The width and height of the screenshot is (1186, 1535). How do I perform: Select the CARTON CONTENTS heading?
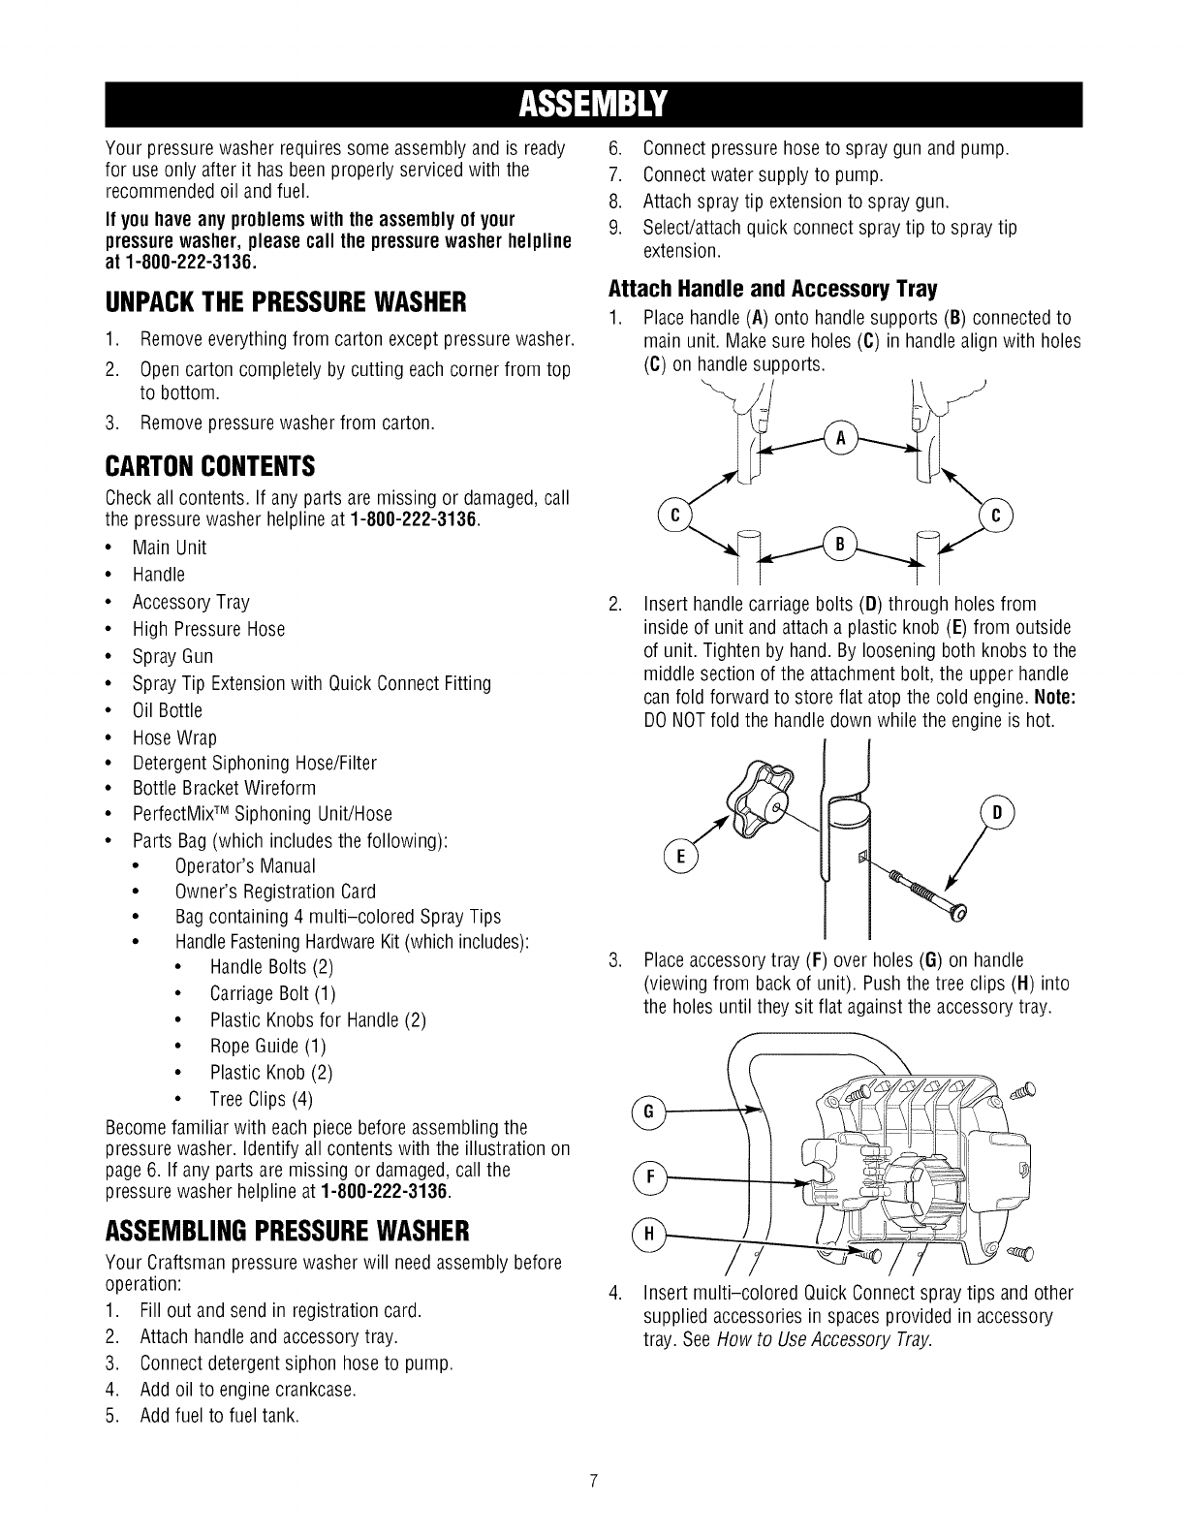pos(209,467)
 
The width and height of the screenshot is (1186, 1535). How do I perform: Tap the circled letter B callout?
pos(840,546)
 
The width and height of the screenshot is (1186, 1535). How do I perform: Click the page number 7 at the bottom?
pos(594,1480)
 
